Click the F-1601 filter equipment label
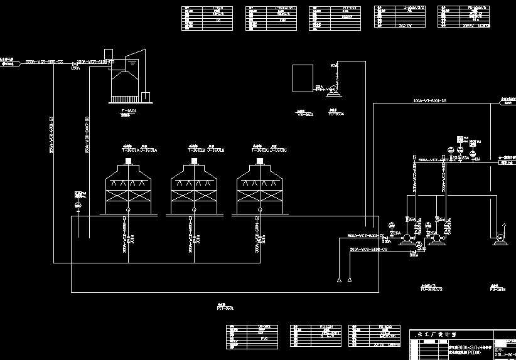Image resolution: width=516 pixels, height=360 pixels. pyautogui.click(x=128, y=110)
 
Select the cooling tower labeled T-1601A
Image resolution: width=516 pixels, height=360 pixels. pyautogui.click(x=128, y=188)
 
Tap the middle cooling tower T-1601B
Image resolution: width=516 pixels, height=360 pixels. pyautogui.click(x=193, y=188)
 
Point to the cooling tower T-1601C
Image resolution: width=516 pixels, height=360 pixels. pyautogui.click(x=259, y=188)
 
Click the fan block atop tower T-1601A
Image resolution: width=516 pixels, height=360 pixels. pyautogui.click(x=128, y=162)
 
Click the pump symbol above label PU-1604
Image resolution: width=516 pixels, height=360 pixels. pyautogui.click(x=332, y=92)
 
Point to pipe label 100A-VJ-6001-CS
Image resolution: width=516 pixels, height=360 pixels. pyautogui.click(x=429, y=100)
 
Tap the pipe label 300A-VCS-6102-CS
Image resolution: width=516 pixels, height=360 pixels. pyautogui.click(x=368, y=250)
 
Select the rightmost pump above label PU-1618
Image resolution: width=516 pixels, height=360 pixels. pyautogui.click(x=500, y=238)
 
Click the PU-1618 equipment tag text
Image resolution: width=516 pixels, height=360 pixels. pyautogui.click(x=497, y=290)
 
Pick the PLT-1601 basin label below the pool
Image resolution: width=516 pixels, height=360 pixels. pyautogui.click(x=225, y=308)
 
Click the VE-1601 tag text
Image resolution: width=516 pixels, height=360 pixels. pyautogui.click(x=304, y=114)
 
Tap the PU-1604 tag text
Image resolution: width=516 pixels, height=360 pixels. pyautogui.click(x=336, y=114)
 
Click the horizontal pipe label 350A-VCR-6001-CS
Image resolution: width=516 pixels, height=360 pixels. pyautogui.click(x=44, y=62)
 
